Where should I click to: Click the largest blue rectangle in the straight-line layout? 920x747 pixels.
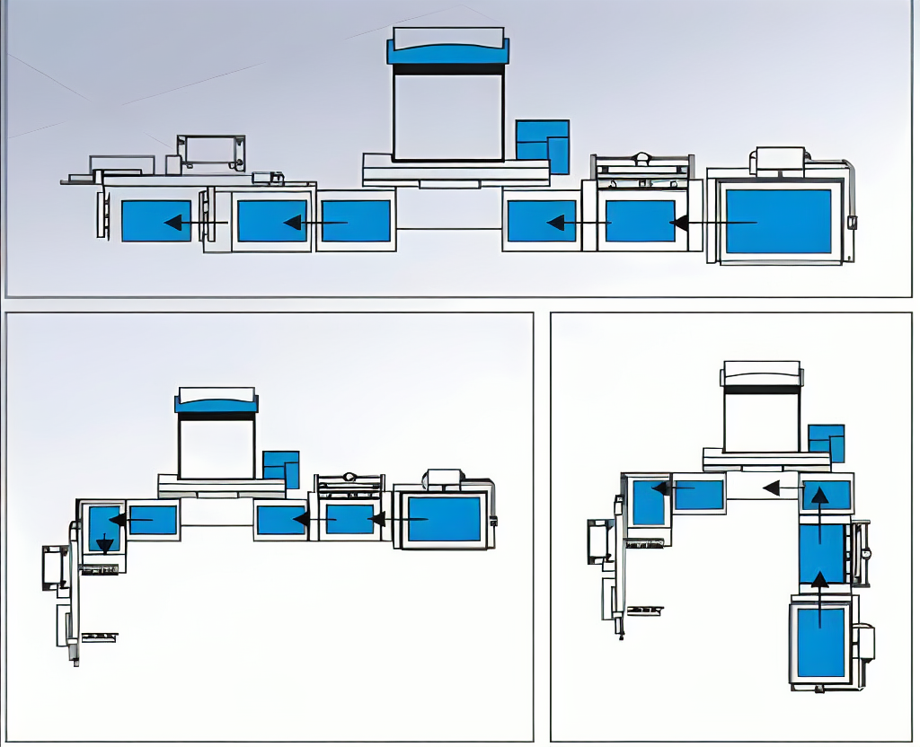(x=778, y=222)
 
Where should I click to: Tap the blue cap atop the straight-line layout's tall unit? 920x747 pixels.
(x=447, y=52)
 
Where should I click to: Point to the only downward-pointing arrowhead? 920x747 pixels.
(x=105, y=543)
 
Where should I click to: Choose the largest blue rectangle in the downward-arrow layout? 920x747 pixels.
(x=444, y=519)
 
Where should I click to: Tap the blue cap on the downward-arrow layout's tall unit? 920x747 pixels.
(x=217, y=405)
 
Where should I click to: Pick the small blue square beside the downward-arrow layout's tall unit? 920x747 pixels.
(x=280, y=470)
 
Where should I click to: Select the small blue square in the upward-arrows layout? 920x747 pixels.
(x=826, y=444)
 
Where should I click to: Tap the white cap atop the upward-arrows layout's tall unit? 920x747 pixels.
(x=761, y=372)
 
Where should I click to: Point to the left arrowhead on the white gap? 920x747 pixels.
(x=771, y=488)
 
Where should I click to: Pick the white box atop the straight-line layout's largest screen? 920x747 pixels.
(x=779, y=160)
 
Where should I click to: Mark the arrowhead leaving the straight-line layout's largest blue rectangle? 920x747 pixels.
(x=679, y=222)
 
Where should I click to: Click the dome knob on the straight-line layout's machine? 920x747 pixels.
(x=641, y=159)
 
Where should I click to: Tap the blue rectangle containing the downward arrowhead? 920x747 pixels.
(x=104, y=529)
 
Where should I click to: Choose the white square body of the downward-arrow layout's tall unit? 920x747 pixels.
(x=217, y=447)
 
